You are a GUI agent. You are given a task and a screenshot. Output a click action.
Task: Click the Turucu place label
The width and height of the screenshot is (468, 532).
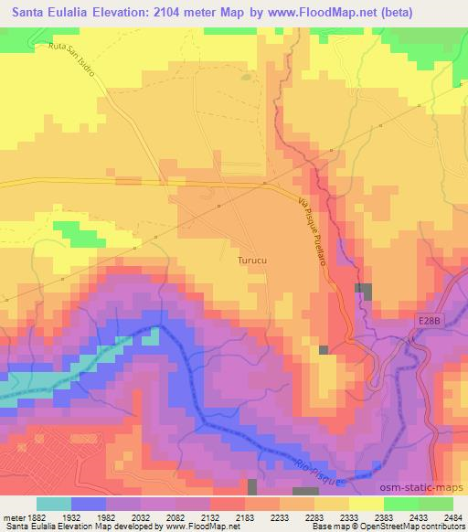252,260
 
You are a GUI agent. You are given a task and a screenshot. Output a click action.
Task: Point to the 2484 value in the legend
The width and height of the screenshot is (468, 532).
453,516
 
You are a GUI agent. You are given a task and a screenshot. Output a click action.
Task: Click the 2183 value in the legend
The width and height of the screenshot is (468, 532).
246,516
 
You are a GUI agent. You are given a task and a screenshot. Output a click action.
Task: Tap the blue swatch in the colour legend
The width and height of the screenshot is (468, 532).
88,504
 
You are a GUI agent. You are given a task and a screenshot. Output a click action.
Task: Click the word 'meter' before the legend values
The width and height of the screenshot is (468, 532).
16,516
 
